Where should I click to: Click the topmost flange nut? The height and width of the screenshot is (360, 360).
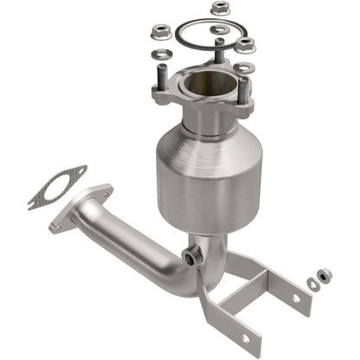click(219, 10)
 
